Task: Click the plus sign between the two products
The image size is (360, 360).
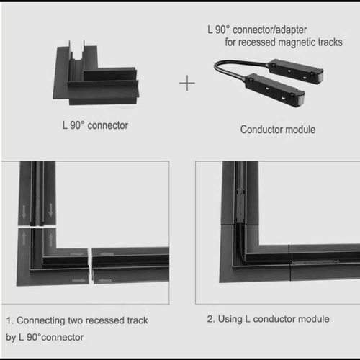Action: [187, 84]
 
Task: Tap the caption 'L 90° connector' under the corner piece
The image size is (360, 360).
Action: [95, 125]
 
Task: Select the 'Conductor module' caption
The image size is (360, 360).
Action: [278, 130]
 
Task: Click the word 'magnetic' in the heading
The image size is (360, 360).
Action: [297, 42]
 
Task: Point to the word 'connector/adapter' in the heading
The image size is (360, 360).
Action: [269, 30]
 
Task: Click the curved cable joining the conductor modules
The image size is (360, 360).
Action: [240, 67]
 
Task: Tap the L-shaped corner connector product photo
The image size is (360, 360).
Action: [96, 73]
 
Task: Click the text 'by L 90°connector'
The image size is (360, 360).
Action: [45, 338]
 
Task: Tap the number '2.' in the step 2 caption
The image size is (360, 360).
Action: [211, 319]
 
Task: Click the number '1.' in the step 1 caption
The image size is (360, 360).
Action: [10, 320]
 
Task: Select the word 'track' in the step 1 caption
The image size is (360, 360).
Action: [138, 320]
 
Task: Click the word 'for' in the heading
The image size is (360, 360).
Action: [230, 42]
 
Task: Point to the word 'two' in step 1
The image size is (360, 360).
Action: [76, 320]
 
